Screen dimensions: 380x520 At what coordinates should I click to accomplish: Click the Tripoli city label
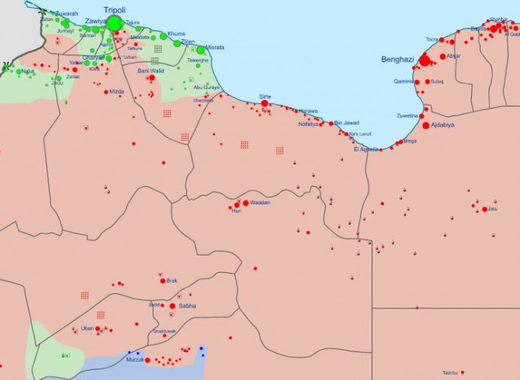[x=115, y=10]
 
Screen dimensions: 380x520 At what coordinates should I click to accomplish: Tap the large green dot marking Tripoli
[x=115, y=23]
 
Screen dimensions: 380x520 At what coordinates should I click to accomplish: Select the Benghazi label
[x=396, y=59]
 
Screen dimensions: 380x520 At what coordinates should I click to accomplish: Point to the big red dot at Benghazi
[x=425, y=60]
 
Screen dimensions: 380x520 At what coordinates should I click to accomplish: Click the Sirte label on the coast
[x=265, y=97]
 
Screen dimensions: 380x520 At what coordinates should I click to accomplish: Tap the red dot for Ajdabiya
[x=426, y=126]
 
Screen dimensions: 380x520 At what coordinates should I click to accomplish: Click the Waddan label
[x=259, y=203]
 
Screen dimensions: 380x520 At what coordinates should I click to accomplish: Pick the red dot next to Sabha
[x=173, y=306]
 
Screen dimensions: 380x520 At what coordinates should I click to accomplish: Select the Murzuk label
[x=135, y=360]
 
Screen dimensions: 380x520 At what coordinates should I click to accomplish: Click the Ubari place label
[x=87, y=328]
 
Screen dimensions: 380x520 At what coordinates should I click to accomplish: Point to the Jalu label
[x=492, y=209]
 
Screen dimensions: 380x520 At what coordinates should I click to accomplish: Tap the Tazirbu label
[x=450, y=372]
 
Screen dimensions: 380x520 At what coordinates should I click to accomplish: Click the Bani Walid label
[x=151, y=70]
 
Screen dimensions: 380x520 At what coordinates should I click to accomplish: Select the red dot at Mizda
[x=106, y=92]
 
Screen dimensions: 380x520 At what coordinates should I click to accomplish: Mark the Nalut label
[x=28, y=72]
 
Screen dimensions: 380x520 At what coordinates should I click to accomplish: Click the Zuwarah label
[x=66, y=14]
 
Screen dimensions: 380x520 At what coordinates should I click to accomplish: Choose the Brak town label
[x=172, y=280]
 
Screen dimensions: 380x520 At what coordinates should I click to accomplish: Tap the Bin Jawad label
[x=347, y=122]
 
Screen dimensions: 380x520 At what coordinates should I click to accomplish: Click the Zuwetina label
[x=408, y=116]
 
